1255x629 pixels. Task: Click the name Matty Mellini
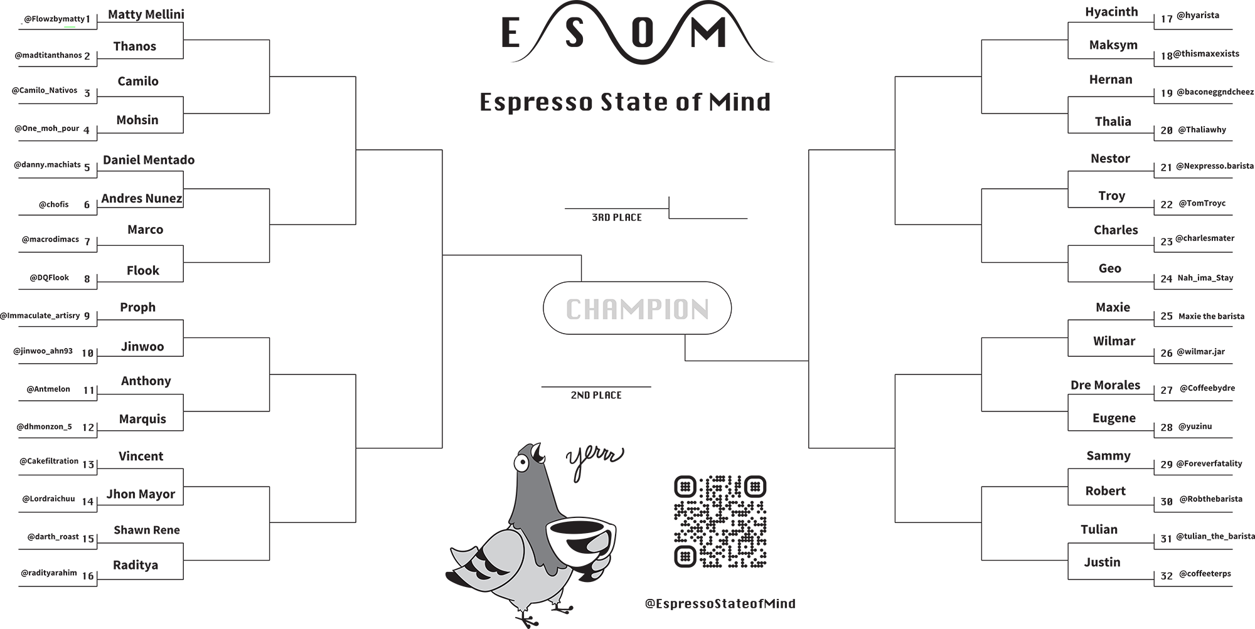point(146,14)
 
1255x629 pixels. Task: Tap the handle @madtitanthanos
point(48,55)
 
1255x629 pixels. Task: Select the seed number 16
point(88,576)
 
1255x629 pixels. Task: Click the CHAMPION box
point(637,308)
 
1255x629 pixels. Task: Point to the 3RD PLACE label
point(617,218)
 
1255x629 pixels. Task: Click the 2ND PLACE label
point(596,395)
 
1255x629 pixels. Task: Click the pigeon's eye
point(520,463)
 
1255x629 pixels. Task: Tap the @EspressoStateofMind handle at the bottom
point(720,604)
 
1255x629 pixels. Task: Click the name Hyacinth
point(1111,13)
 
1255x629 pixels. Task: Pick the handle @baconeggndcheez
point(1215,92)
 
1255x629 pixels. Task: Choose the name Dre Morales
point(1105,385)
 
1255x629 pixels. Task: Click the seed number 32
point(1167,576)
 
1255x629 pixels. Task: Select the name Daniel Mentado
point(149,160)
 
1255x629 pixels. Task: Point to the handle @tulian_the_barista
point(1215,537)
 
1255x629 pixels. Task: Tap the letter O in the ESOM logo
point(642,33)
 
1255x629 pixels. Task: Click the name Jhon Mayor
point(141,494)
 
